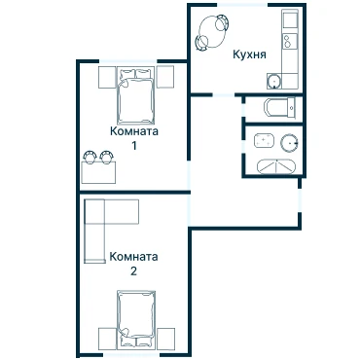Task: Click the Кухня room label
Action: coord(249,54)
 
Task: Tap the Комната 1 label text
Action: coord(134,138)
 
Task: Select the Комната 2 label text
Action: coord(133,264)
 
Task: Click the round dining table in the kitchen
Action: coord(211,33)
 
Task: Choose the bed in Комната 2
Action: coord(136,320)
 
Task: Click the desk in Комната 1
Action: coord(98,173)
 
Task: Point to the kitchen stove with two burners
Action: coord(290,41)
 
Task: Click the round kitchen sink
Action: coord(274,81)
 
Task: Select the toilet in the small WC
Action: coord(280,107)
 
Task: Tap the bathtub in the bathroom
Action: coord(276,167)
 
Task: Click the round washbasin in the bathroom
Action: coord(289,143)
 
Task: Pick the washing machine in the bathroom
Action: coord(264,141)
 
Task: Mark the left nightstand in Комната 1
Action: coord(107,77)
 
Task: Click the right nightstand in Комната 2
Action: coord(165,339)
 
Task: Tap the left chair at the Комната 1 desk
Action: coord(90,157)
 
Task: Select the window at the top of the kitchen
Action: coord(242,5)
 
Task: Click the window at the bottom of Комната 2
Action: coord(131,355)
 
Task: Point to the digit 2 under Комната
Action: coord(133,271)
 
